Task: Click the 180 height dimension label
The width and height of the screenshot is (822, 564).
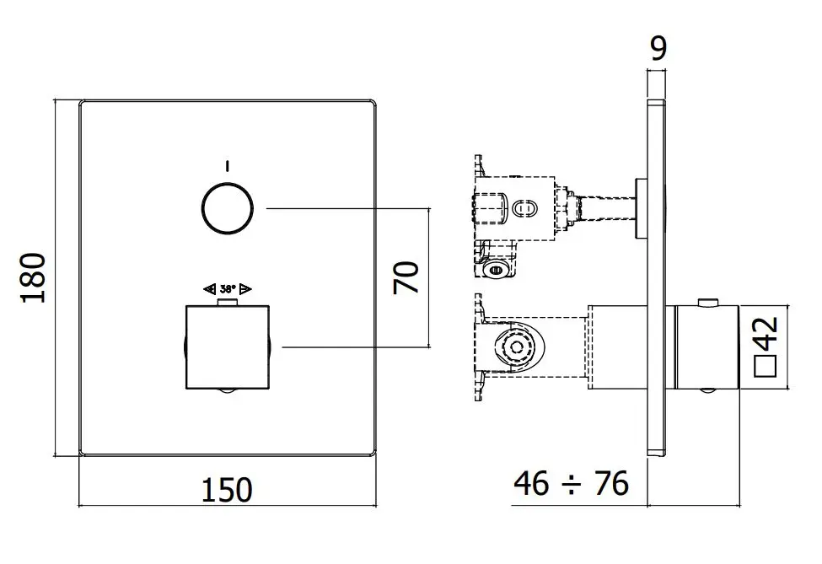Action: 34,277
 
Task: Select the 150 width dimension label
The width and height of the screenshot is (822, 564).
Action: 227,489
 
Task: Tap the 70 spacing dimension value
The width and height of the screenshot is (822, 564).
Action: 406,277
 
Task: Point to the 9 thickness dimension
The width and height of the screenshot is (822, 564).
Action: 658,48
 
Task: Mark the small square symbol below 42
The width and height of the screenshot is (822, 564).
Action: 765,366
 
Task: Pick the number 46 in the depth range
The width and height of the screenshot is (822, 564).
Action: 532,484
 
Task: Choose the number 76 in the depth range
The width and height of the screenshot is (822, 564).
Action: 611,484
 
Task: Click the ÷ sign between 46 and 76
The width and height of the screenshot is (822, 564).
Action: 572,485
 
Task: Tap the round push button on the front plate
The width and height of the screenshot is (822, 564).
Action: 228,207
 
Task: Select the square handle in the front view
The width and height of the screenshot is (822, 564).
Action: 227,346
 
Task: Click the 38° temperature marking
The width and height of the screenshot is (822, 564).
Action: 227,288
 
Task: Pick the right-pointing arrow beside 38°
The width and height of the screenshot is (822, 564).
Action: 245,288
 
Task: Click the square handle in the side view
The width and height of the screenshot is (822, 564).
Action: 705,346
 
